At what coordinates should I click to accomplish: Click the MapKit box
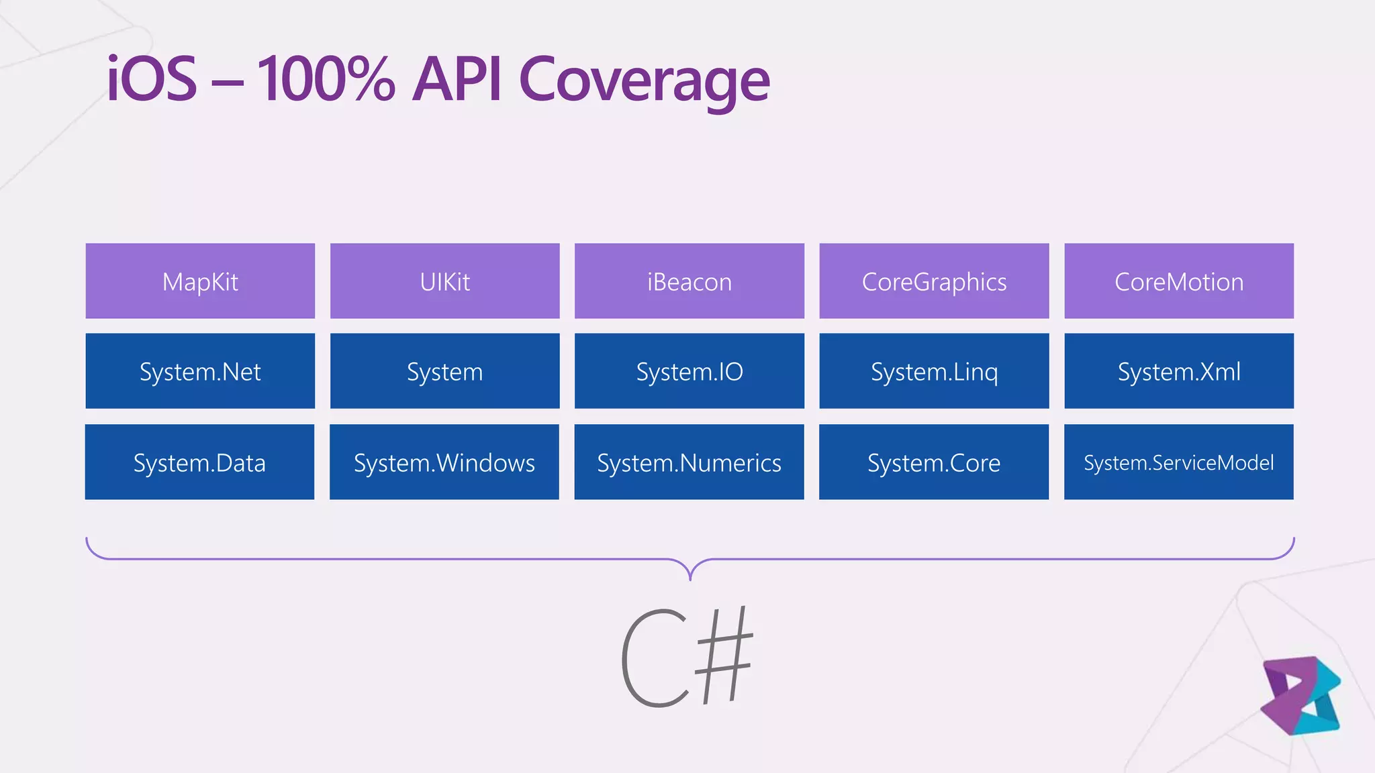pyautogui.click(x=200, y=281)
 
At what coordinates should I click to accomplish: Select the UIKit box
pyautogui.click(x=444, y=281)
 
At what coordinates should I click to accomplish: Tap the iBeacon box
pyautogui.click(x=690, y=281)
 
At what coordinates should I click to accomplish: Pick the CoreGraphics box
pyautogui.click(x=934, y=281)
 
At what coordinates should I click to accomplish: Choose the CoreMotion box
pyautogui.click(x=1179, y=281)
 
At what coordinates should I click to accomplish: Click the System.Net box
pyautogui.click(x=200, y=371)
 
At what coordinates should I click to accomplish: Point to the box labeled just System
pyautogui.click(x=444, y=371)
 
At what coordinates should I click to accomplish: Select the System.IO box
pyautogui.click(x=690, y=371)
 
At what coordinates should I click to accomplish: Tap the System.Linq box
pyautogui.click(x=934, y=371)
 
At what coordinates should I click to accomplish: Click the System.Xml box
pyautogui.click(x=1179, y=371)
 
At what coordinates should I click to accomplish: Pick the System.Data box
pyautogui.click(x=199, y=462)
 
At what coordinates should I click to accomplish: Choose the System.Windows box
pyautogui.click(x=444, y=462)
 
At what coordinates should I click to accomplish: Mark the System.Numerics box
pyautogui.click(x=690, y=462)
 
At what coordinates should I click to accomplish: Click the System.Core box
pyautogui.click(x=934, y=462)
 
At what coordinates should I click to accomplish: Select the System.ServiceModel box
pyautogui.click(x=1179, y=462)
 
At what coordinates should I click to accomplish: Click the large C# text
pyautogui.click(x=686, y=658)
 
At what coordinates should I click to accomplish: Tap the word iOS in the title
pyautogui.click(x=152, y=79)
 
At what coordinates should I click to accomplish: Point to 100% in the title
pyautogui.click(x=326, y=79)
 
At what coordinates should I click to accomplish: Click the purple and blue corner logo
pyautogui.click(x=1300, y=696)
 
